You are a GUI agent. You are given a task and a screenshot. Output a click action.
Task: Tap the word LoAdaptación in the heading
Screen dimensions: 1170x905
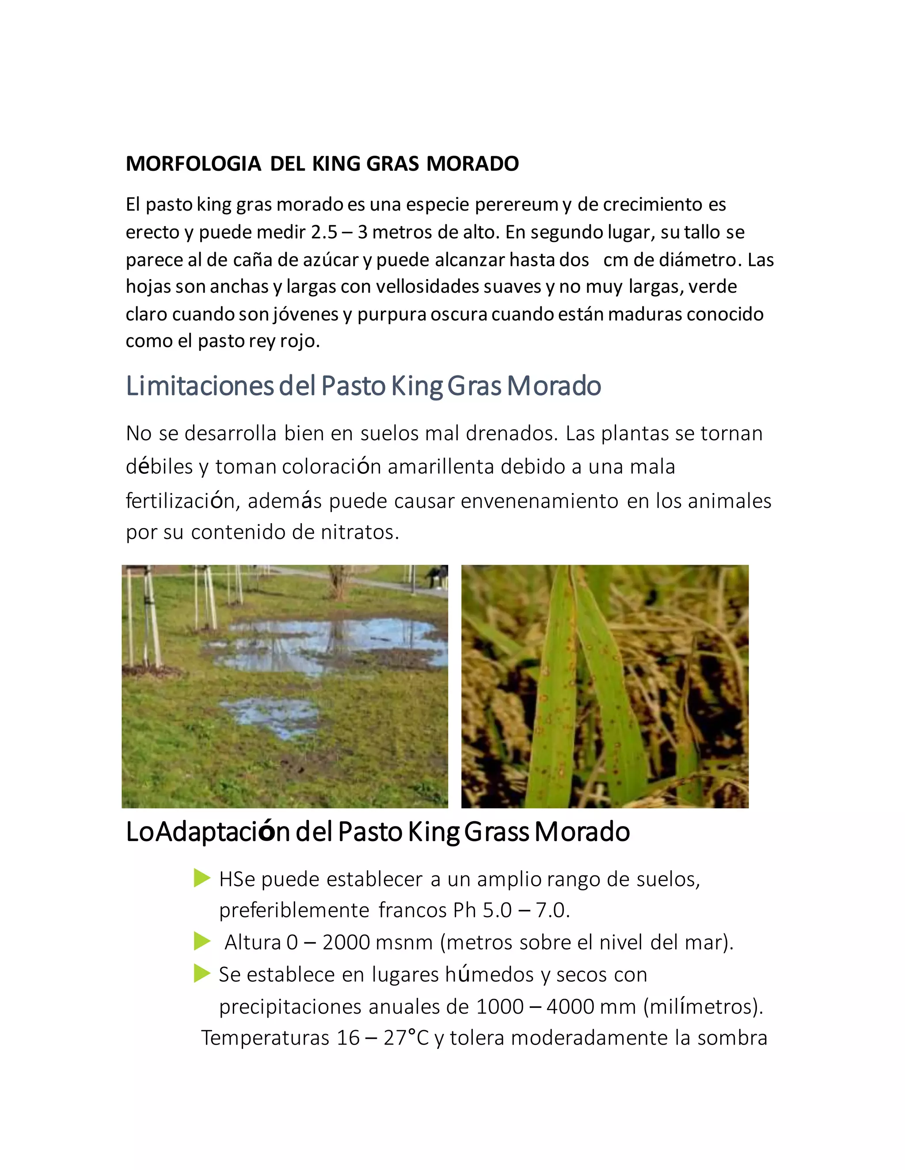[x=208, y=832]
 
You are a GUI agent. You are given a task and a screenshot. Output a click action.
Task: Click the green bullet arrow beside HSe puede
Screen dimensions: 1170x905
[x=202, y=878]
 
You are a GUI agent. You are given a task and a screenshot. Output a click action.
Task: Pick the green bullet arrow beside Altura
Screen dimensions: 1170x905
[x=202, y=941]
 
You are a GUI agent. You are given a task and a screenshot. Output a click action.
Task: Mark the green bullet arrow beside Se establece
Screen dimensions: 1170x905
[x=202, y=974]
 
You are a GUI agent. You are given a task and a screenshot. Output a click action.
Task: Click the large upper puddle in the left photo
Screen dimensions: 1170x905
[x=332, y=643]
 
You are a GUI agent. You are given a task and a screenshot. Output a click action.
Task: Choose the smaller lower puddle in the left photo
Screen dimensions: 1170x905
[x=274, y=715]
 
